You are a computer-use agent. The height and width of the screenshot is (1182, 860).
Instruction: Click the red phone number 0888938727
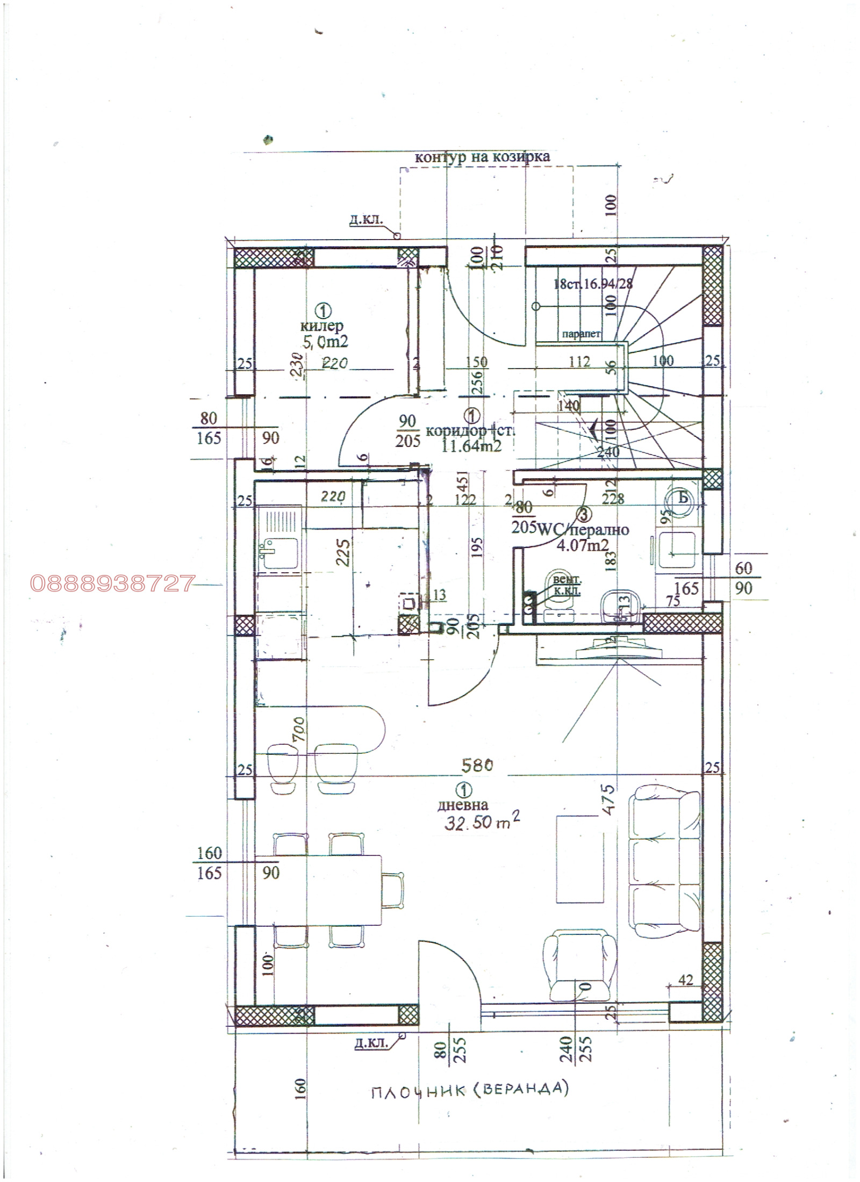112,583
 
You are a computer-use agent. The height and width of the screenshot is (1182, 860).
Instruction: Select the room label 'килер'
322,326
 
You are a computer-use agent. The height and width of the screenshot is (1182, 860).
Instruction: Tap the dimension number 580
476,765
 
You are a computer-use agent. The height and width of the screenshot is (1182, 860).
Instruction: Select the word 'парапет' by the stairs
580,334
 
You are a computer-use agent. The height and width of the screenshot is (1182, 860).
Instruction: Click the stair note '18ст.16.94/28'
593,284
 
